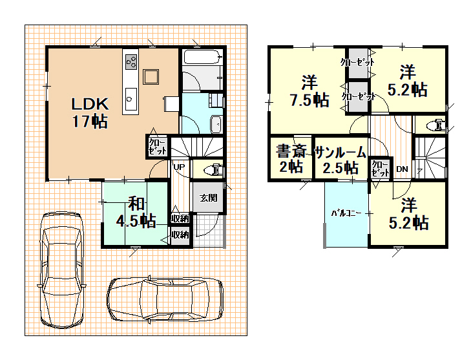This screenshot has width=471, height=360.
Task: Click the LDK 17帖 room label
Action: coord(90,112)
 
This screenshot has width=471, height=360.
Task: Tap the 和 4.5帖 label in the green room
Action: coord(136,212)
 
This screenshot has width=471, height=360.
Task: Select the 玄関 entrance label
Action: coord(209,198)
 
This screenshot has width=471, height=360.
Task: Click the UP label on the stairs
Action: coord(179,167)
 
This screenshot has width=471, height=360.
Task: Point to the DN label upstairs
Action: coord(403,169)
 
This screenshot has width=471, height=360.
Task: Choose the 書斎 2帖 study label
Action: coord(291,158)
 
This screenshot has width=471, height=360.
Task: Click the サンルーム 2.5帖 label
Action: coord(340,160)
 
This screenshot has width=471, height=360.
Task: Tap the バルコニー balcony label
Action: coord(346,214)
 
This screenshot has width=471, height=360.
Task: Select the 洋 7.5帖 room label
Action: coord(309,91)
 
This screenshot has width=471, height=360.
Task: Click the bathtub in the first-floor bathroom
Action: coord(202,57)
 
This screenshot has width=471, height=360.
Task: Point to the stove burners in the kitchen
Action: coord(131,62)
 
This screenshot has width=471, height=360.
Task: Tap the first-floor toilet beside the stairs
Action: coord(213,170)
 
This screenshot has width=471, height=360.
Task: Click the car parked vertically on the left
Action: coord(61,270)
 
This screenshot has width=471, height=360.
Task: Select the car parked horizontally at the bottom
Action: coord(165,299)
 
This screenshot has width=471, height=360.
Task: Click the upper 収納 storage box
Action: coord(180,218)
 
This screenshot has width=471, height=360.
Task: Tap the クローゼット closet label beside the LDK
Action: coord(157,146)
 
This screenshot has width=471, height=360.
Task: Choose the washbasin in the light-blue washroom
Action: coord(216,123)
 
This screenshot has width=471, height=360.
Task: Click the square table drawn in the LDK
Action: coord(151,77)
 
